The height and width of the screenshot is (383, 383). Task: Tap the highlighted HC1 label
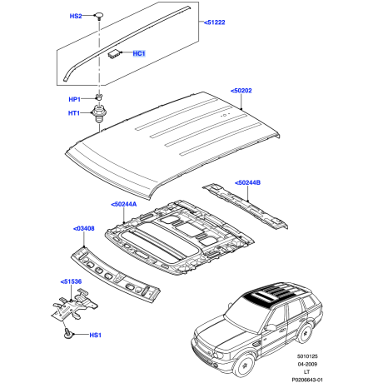tap(139, 54)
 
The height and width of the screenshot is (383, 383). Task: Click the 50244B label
tap(247, 182)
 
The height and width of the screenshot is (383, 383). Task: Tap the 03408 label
tap(84, 227)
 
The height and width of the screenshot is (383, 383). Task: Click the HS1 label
tap(94, 336)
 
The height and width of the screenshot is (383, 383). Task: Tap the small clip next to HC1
tap(113, 53)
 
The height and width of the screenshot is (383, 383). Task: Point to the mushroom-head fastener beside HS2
tap(99, 15)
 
